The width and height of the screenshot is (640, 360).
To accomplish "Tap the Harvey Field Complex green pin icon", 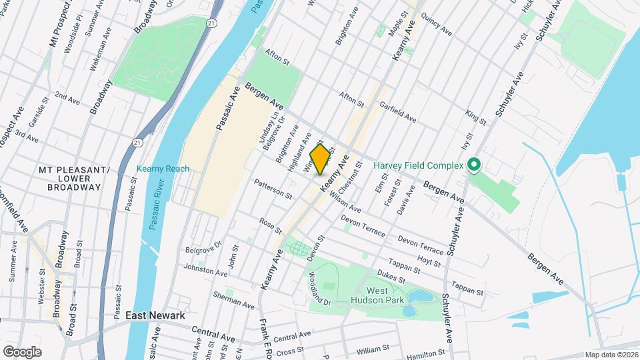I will point(474,164).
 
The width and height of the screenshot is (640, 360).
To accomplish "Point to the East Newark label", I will point(155,315).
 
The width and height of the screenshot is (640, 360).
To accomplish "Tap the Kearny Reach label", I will point(163,169).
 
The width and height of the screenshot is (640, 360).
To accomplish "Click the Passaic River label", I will point(154,212).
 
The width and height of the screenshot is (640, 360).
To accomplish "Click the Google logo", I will point(22,351).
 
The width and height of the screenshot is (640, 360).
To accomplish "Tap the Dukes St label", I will point(390,277).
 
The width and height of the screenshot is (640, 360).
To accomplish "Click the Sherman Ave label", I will point(233,300).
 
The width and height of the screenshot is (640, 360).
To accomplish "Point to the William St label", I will point(372,349).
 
